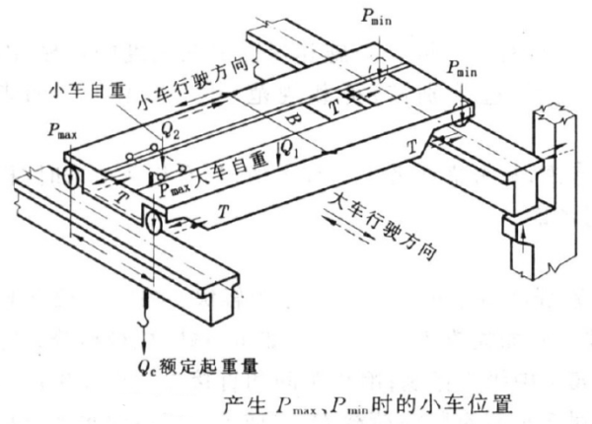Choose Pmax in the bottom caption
pos(285,405)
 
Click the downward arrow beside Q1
pos(277,150)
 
